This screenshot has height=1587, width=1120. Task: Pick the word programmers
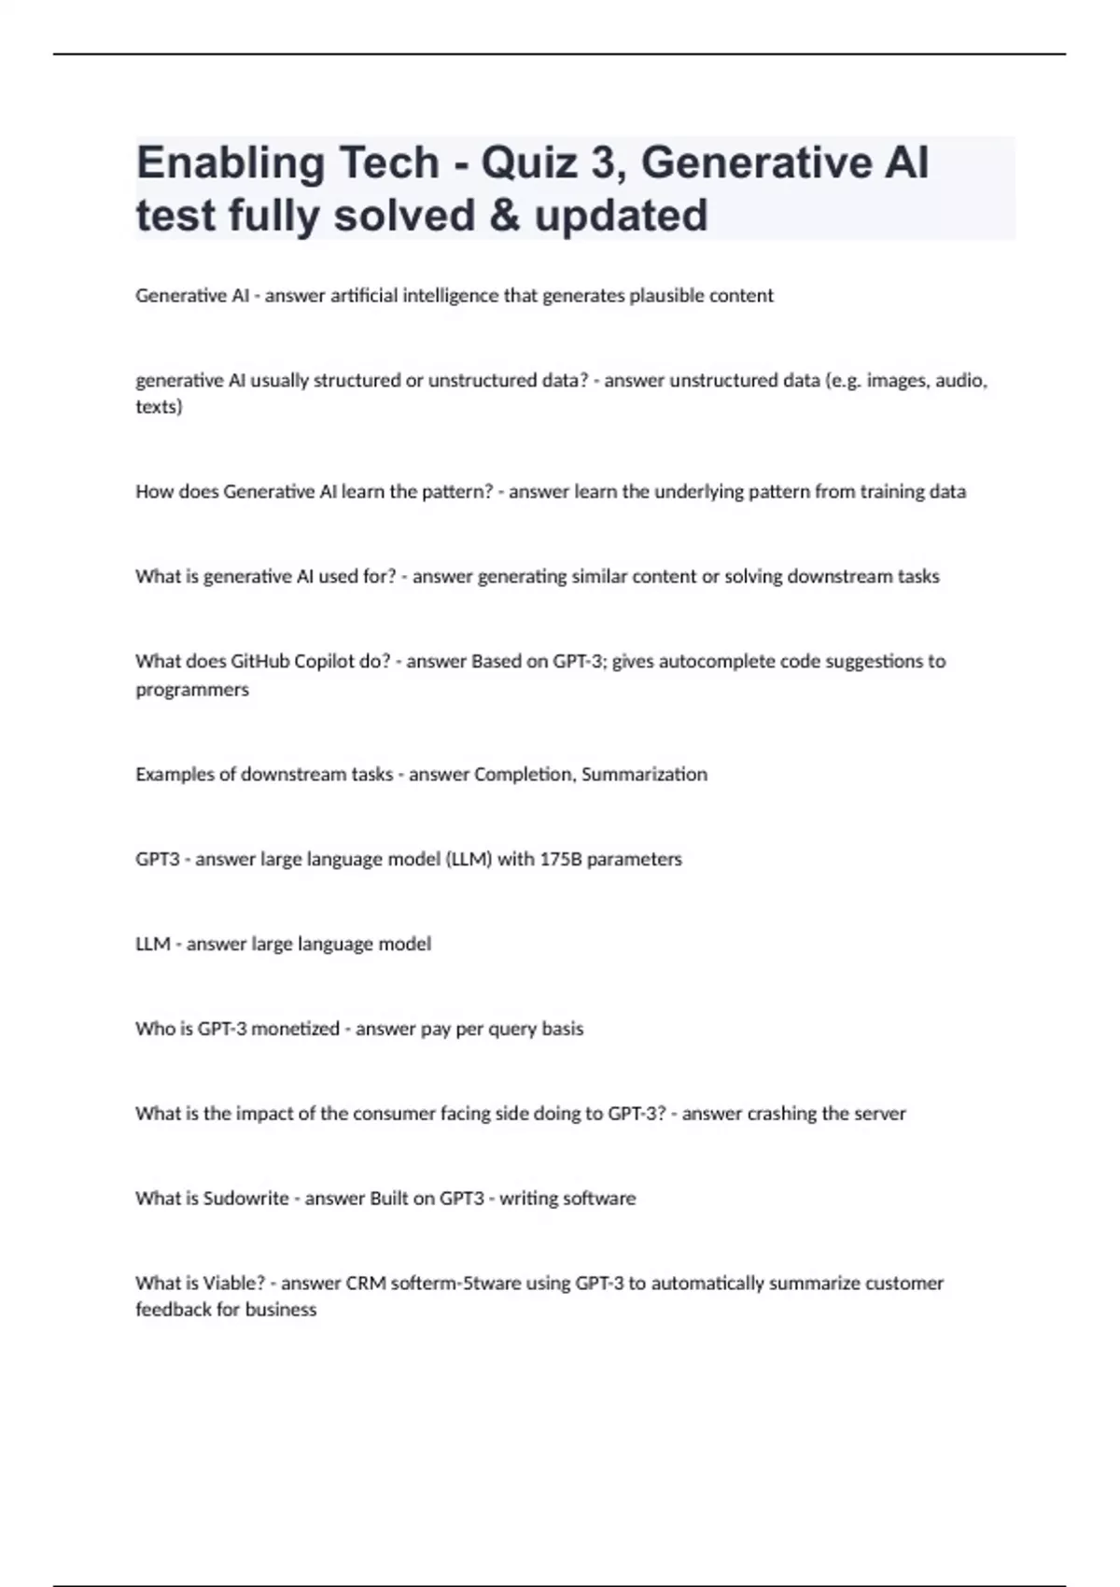(x=192, y=690)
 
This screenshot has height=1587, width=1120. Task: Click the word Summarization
(x=644, y=775)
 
